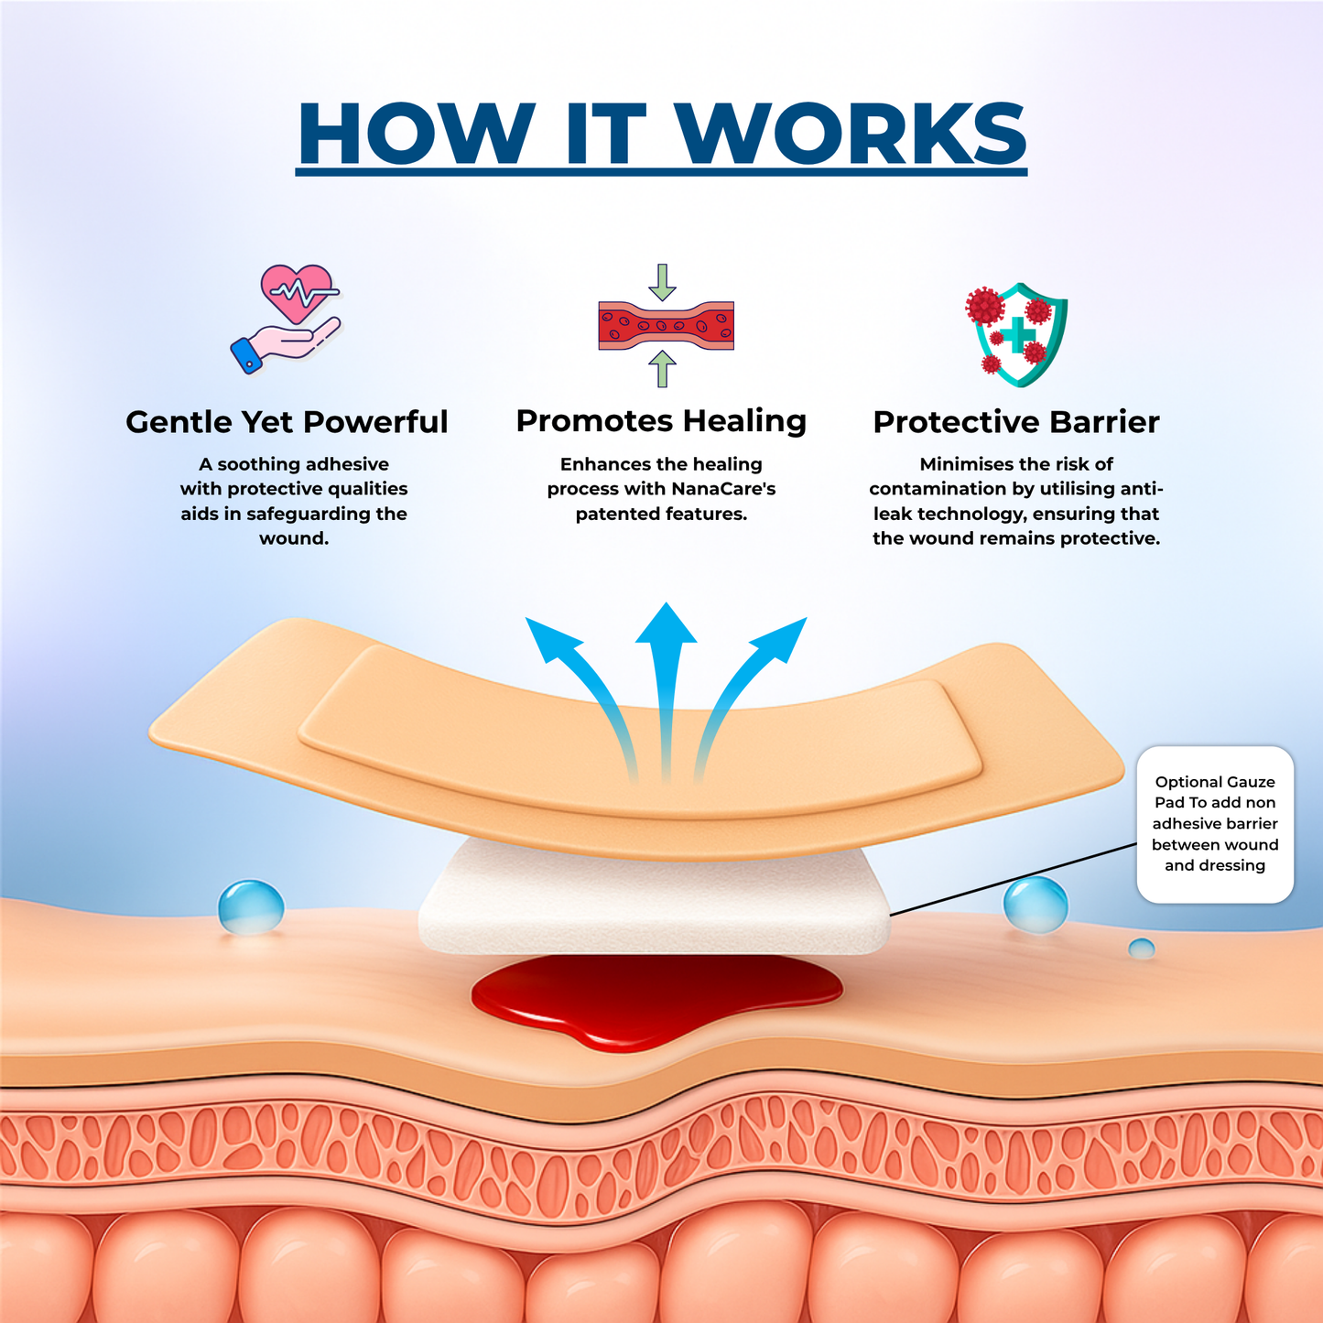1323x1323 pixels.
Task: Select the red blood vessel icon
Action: (x=666, y=325)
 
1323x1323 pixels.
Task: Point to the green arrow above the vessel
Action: (x=662, y=282)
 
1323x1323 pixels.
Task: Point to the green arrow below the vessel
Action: (x=662, y=369)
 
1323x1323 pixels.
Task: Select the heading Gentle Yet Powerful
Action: (x=287, y=421)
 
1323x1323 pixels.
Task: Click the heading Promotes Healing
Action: (x=661, y=421)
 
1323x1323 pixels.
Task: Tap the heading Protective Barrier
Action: (x=1016, y=421)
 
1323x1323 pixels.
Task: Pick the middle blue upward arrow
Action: (x=666, y=687)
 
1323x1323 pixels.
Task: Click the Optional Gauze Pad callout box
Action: (x=1215, y=824)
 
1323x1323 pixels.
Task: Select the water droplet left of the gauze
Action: (x=251, y=907)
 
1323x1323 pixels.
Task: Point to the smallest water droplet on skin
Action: (x=1142, y=949)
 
